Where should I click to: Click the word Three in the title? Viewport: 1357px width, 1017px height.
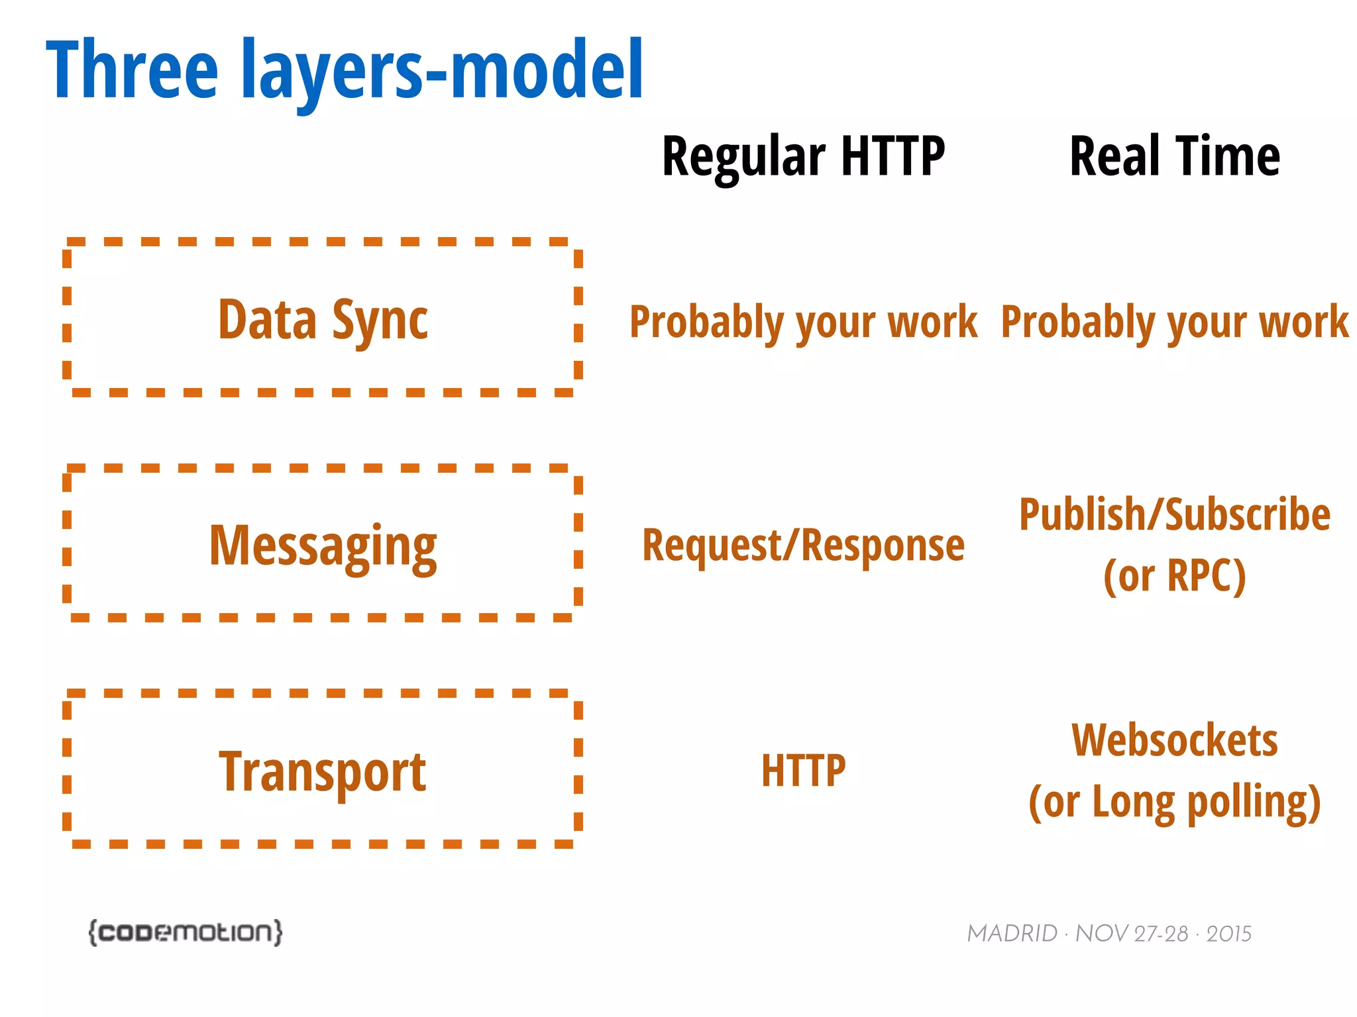coord(131,70)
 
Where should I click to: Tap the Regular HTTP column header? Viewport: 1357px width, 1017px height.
coord(803,157)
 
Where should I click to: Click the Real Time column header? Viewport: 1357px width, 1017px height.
coord(1174,157)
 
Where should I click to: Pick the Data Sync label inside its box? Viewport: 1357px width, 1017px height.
coord(323,320)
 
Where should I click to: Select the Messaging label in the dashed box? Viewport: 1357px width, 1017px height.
coord(323,546)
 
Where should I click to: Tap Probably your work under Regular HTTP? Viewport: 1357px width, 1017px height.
coord(803,322)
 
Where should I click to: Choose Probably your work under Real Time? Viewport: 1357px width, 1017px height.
coord(1174,322)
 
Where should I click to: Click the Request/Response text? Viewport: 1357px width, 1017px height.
coord(803,546)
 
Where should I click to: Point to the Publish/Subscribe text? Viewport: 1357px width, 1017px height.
coord(1174,515)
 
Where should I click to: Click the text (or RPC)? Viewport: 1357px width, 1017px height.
coord(1174,575)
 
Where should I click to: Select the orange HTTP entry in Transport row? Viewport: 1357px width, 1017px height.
coord(803,771)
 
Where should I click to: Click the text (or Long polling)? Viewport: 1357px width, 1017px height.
coord(1174,802)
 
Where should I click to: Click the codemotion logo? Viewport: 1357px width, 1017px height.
coord(186,932)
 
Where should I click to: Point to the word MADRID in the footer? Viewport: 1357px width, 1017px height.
coord(1012,934)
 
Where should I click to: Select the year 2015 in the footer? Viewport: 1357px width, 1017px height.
coord(1228,934)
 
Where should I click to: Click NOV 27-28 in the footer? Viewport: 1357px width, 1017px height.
coord(1132,934)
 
